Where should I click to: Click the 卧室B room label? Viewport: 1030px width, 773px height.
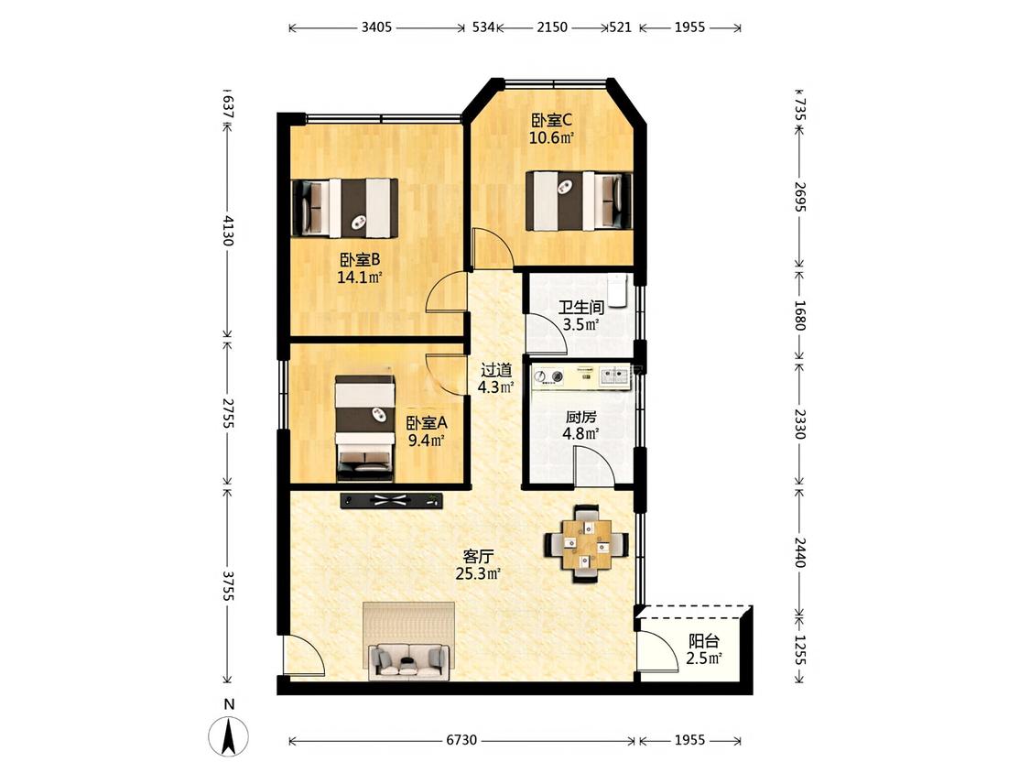[x=359, y=259]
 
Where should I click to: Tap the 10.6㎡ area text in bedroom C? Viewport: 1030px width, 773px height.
[x=552, y=138]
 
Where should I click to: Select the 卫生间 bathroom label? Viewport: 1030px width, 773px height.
[x=581, y=307]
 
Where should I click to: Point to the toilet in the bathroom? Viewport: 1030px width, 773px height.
[x=617, y=290]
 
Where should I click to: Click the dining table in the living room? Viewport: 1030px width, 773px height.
[x=586, y=544]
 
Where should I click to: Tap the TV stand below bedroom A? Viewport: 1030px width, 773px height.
[x=392, y=501]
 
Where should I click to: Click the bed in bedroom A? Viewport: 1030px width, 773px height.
[x=365, y=428]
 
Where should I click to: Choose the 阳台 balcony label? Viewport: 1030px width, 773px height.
[x=703, y=640]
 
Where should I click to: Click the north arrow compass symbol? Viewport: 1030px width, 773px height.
[x=229, y=736]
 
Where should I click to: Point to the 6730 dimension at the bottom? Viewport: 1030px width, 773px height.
[x=461, y=740]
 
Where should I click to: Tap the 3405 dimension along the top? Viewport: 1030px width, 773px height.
[x=376, y=27]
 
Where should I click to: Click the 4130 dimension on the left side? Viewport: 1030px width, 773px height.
[x=227, y=230]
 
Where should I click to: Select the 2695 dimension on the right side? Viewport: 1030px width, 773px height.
[x=799, y=197]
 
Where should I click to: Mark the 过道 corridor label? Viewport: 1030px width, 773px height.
[x=496, y=370]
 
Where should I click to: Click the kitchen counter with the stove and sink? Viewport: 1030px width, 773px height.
[x=581, y=376]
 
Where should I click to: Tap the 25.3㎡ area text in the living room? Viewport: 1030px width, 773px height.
[x=478, y=574]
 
